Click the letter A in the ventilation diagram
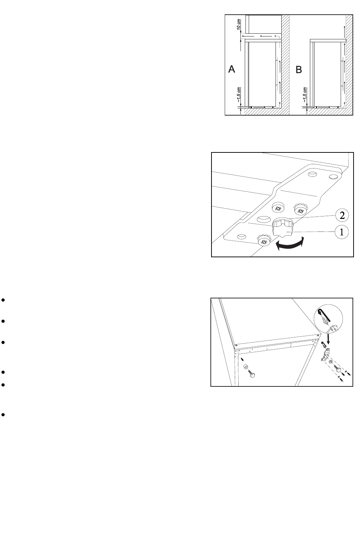click(x=232, y=69)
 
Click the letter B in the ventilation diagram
click(x=299, y=70)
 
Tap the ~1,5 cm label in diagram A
click(x=239, y=95)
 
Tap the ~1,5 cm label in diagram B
click(x=305, y=95)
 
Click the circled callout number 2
click(x=342, y=215)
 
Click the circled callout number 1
click(x=342, y=232)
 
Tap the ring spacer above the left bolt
click(x=246, y=367)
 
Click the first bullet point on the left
click(x=3, y=300)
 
